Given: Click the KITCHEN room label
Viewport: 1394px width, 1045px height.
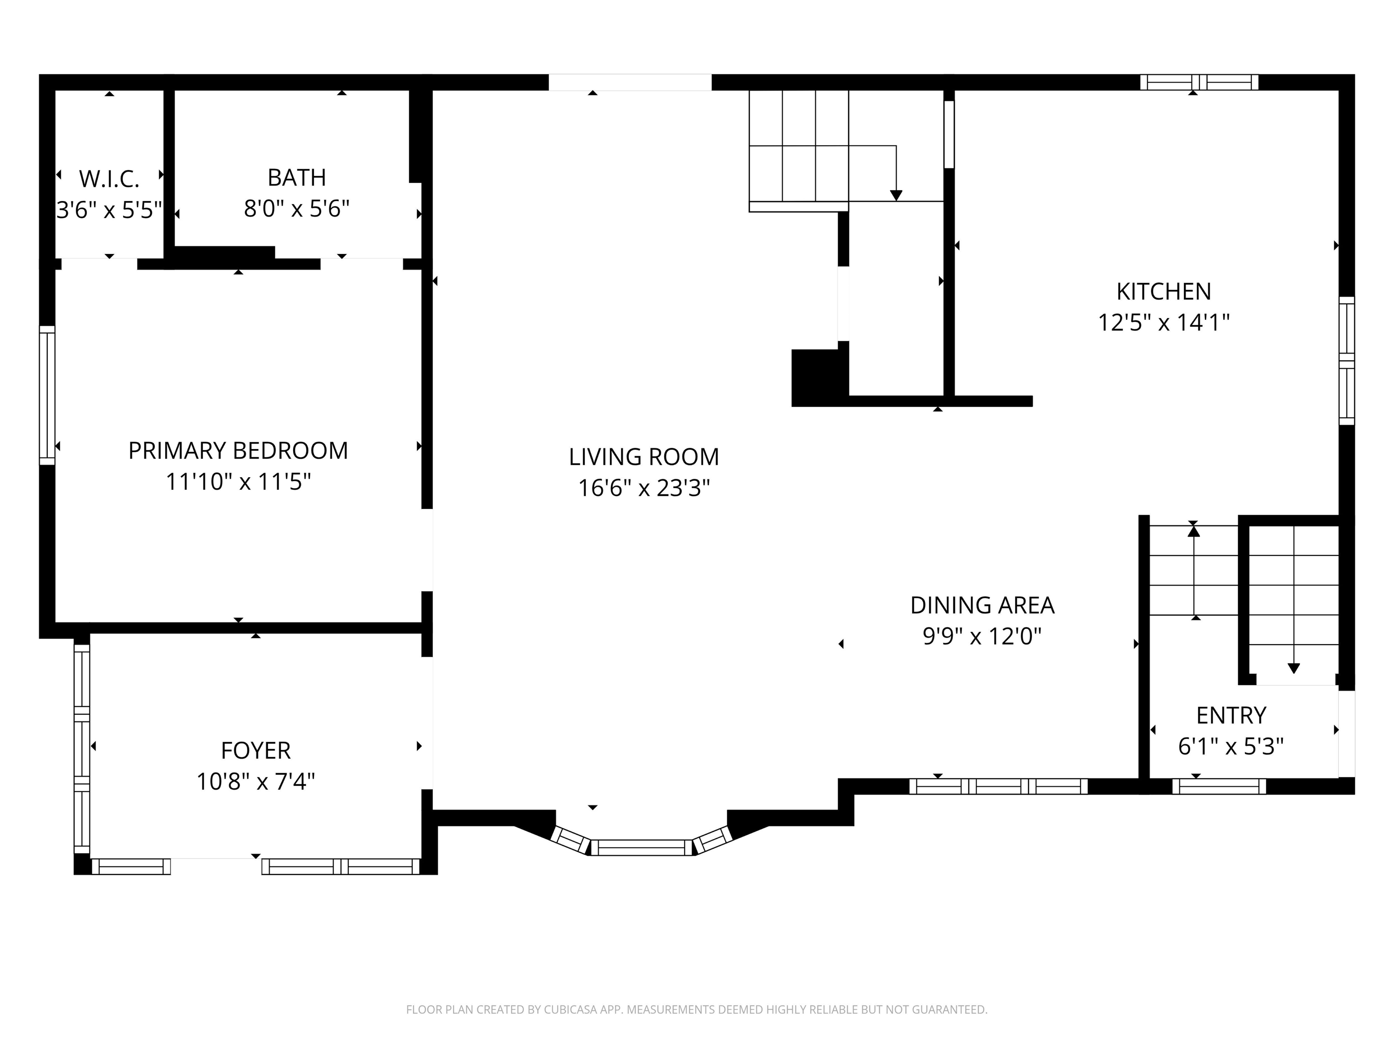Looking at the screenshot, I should tap(1163, 292).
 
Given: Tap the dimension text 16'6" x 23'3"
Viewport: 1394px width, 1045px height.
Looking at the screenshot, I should tap(643, 488).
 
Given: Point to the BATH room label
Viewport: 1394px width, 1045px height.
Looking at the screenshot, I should tap(296, 178).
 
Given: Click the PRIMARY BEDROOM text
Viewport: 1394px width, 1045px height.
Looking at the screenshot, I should tap(238, 451).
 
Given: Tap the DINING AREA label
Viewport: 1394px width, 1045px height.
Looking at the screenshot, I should tap(982, 606).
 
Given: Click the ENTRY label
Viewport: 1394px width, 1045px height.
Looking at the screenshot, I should tap(1231, 716).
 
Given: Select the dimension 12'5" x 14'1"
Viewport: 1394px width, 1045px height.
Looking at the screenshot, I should tap(1163, 323).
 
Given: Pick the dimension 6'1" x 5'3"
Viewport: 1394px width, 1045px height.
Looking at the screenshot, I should tap(1231, 747).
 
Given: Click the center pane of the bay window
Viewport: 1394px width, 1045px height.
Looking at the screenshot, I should tap(641, 848).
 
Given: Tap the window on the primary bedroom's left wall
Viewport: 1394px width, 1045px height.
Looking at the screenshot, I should tap(47, 395).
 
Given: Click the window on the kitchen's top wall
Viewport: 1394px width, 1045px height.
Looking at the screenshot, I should tap(1199, 83).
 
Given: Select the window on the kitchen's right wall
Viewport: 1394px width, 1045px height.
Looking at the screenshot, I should tap(1346, 360).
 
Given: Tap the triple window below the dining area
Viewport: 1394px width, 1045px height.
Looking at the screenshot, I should tap(998, 786).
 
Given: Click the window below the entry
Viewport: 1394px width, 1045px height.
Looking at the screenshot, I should tap(1218, 786).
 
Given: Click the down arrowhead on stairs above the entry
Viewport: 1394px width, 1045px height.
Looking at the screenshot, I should tap(1293, 669).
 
